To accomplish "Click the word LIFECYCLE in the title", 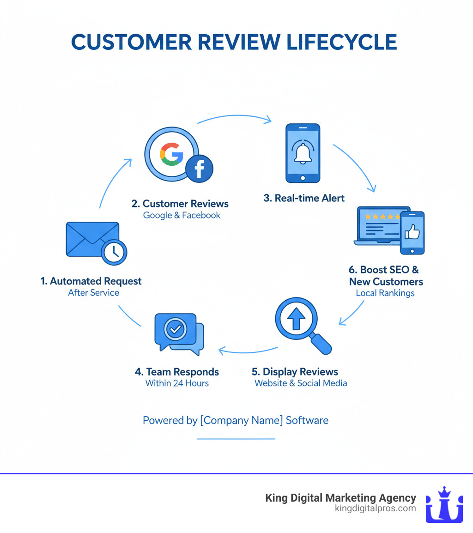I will click(x=341, y=42).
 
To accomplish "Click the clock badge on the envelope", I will click(x=114, y=251).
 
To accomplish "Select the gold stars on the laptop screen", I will click(x=381, y=216).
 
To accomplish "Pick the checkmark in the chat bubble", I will click(x=176, y=329).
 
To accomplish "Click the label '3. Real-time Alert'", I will click(x=304, y=198).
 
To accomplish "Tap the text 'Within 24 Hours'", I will click(x=177, y=383).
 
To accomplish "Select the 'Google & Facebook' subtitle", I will click(x=182, y=215).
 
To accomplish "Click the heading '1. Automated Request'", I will click(x=91, y=281).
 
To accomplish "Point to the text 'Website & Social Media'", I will click(x=301, y=383).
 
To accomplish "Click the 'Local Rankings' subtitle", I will click(x=385, y=293).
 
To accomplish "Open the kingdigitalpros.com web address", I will click(x=375, y=509).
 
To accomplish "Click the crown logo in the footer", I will click(x=444, y=504).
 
